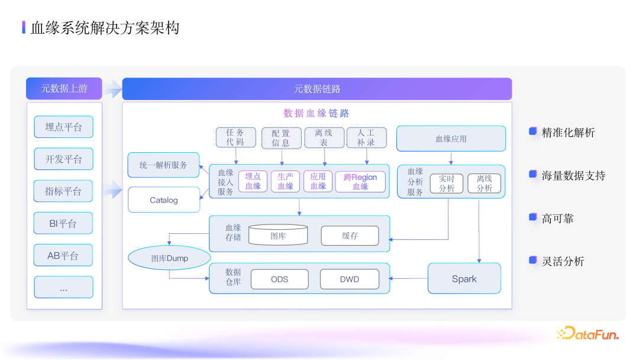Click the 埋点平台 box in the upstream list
tap(63, 127)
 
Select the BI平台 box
tap(63, 223)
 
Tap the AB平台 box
tap(63, 256)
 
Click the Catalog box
tap(164, 200)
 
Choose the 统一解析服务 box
tap(164, 165)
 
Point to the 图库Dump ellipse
tap(169, 258)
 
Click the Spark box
tap(464, 279)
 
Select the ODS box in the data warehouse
tap(279, 279)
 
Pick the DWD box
tap(349, 279)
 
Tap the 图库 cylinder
tap(278, 235)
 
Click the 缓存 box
tap(350, 235)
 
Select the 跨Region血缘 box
tap(360, 181)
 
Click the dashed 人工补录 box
tap(366, 137)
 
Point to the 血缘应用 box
tap(451, 139)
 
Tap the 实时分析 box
tap(447, 184)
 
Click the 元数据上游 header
tap(64, 89)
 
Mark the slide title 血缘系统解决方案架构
tap(105, 27)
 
